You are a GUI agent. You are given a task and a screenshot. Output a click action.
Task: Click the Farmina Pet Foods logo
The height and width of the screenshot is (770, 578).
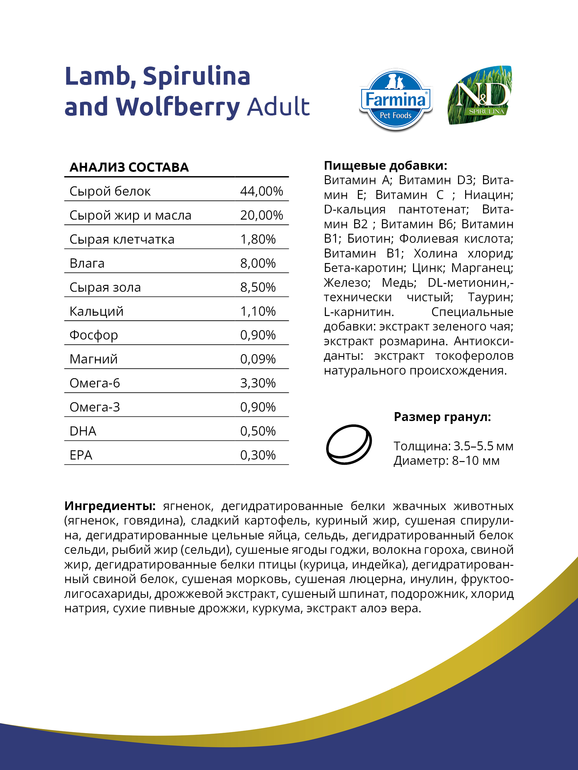(x=396, y=99)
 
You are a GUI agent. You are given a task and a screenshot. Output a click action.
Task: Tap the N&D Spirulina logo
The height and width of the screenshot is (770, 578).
(x=480, y=95)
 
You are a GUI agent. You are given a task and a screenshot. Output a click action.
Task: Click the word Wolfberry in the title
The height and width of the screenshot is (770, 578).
(x=178, y=107)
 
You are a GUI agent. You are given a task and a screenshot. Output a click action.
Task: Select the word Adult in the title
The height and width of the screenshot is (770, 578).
(x=278, y=107)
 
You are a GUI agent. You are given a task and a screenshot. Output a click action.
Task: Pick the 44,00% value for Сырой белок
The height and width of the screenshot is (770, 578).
(x=261, y=191)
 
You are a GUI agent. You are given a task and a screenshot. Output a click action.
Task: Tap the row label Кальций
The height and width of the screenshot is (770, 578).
(x=96, y=311)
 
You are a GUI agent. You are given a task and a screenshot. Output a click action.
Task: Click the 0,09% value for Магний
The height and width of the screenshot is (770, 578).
(x=258, y=359)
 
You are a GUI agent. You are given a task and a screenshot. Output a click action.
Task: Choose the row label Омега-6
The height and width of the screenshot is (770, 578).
(x=95, y=383)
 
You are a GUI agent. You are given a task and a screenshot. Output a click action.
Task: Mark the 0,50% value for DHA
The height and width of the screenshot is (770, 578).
(x=258, y=431)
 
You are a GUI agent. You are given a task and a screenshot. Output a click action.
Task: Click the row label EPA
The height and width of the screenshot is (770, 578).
(x=81, y=455)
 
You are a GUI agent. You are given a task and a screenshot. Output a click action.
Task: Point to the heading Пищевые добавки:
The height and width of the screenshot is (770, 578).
(x=385, y=165)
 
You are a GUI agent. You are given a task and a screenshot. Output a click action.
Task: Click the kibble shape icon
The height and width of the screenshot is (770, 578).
(x=349, y=444)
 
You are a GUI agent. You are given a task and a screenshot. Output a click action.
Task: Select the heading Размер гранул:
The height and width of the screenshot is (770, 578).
(x=442, y=417)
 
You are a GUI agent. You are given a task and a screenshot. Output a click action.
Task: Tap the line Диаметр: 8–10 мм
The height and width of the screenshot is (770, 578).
(x=446, y=460)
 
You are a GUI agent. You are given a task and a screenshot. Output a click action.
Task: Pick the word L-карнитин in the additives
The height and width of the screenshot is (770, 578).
(x=359, y=312)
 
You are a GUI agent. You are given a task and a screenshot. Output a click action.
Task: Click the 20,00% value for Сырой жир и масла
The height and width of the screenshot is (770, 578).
(x=261, y=215)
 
